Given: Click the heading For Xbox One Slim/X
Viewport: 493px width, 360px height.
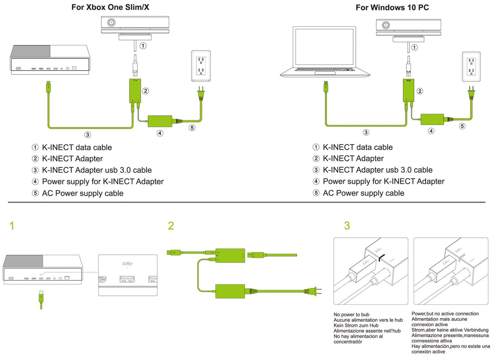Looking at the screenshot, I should click(110, 7).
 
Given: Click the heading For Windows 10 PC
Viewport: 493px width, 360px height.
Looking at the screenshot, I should click(392, 8).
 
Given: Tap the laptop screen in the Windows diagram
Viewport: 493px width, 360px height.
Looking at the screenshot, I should click(324, 46).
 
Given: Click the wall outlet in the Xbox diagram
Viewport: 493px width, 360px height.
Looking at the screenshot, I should click(201, 66).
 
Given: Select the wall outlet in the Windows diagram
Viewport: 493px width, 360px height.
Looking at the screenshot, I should click(471, 67).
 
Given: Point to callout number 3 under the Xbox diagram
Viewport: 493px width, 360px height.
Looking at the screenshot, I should click(88, 135).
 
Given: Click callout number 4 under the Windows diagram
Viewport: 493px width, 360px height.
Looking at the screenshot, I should click(431, 131).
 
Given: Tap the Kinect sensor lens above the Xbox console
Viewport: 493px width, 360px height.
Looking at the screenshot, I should click(111, 23).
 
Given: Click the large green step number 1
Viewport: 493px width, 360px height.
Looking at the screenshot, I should click(12, 226).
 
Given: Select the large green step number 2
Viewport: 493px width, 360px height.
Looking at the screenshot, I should click(171, 226).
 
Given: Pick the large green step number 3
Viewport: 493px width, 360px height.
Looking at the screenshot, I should click(347, 226).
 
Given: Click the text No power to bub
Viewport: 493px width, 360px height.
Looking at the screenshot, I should click(351, 315).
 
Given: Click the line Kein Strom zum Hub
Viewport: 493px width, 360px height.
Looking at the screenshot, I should click(356, 326).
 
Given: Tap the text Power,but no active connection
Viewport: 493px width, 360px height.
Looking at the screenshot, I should click(445, 314).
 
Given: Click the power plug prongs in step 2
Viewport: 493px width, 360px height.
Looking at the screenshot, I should click(318, 291).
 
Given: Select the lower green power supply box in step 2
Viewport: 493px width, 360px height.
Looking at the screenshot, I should click(230, 291).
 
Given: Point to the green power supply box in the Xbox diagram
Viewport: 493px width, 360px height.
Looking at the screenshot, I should click(160, 121).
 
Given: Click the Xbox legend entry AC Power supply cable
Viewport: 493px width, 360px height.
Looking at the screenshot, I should click(83, 193).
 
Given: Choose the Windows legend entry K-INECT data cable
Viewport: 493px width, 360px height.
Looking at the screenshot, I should click(358, 147).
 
